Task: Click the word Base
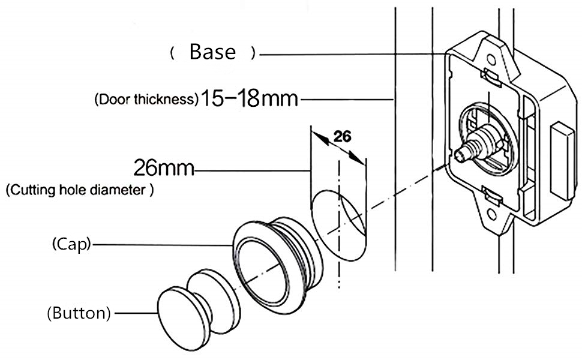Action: coord(212,52)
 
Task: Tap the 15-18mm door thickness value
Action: coord(249,99)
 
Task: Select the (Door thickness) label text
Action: coord(146,100)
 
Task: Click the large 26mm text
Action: coord(164,168)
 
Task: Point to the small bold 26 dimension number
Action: coord(342,137)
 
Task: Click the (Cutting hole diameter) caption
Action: coord(79,190)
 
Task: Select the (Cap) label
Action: coord(71,245)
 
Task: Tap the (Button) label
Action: coord(79,313)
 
